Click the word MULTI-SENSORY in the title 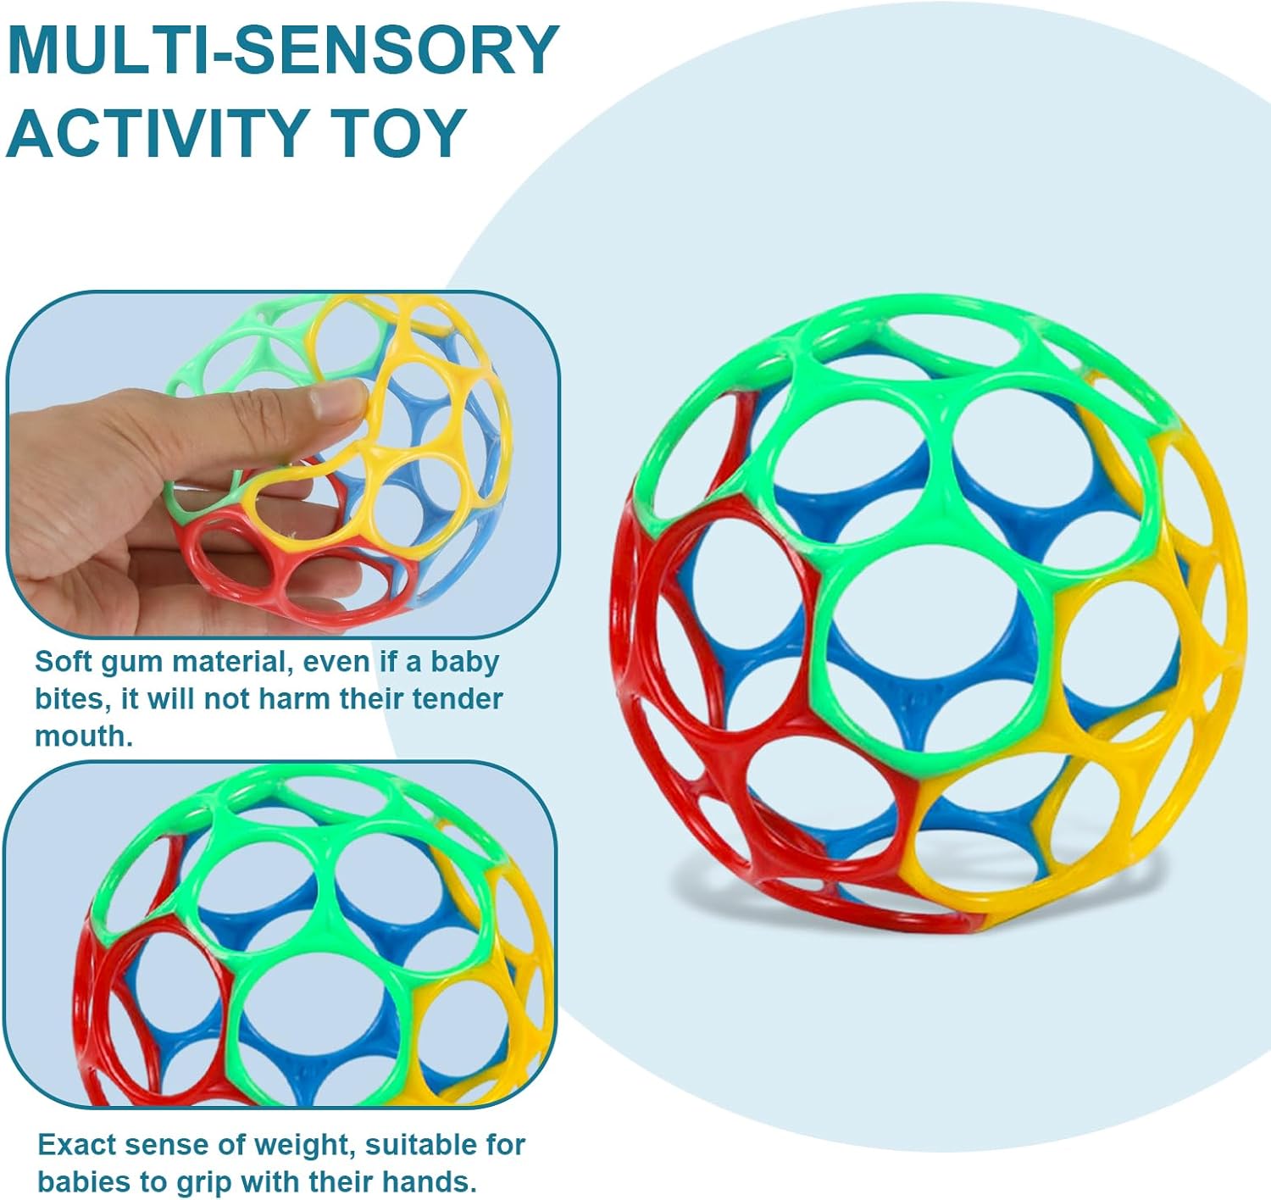[x=282, y=51]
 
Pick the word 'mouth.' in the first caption [x=84, y=736]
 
